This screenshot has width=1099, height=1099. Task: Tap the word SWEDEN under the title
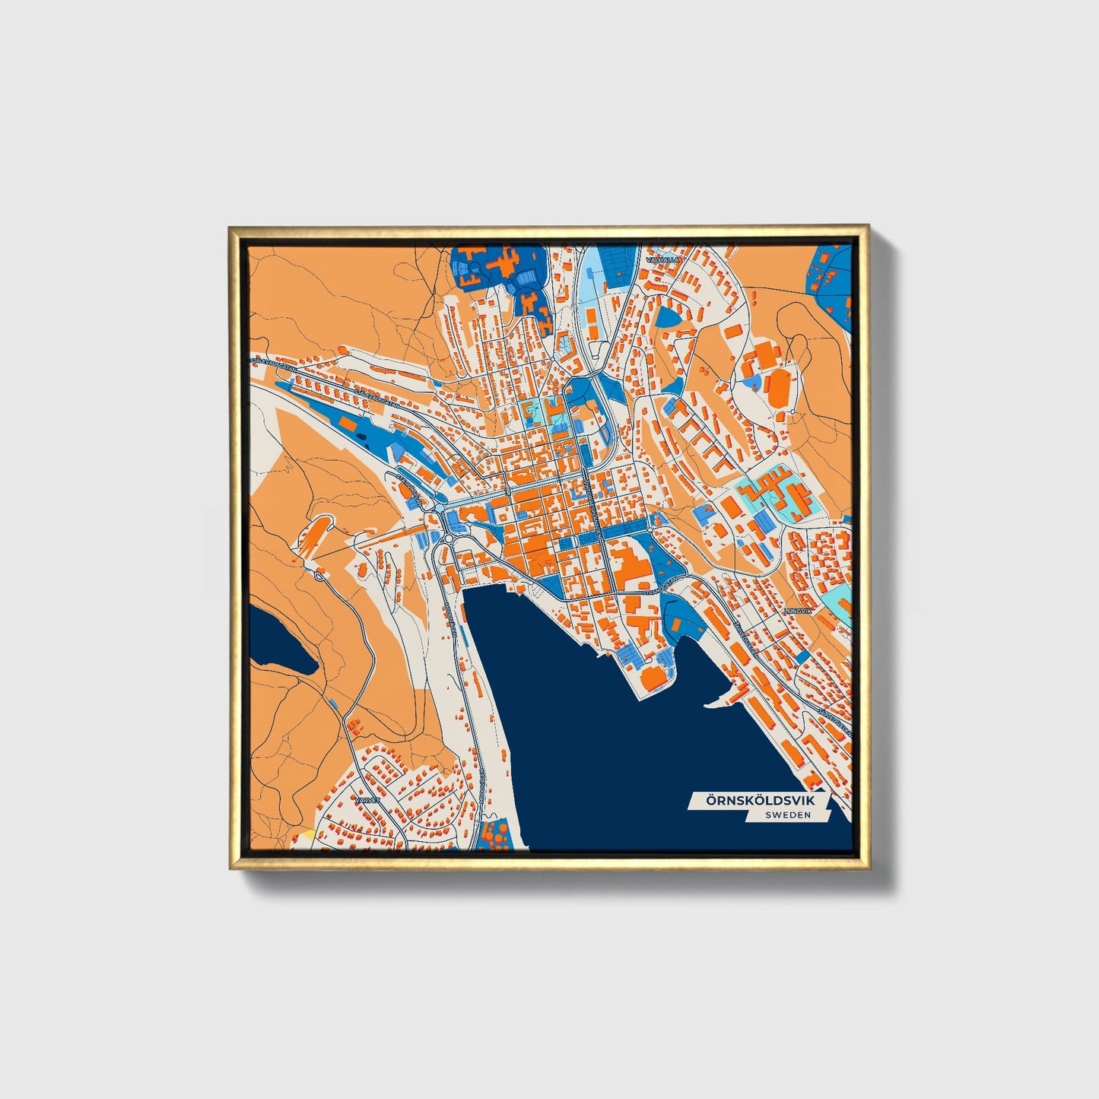click(788, 815)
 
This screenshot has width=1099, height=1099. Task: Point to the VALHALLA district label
click(660, 259)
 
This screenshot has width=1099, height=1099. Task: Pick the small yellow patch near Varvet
click(307, 834)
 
